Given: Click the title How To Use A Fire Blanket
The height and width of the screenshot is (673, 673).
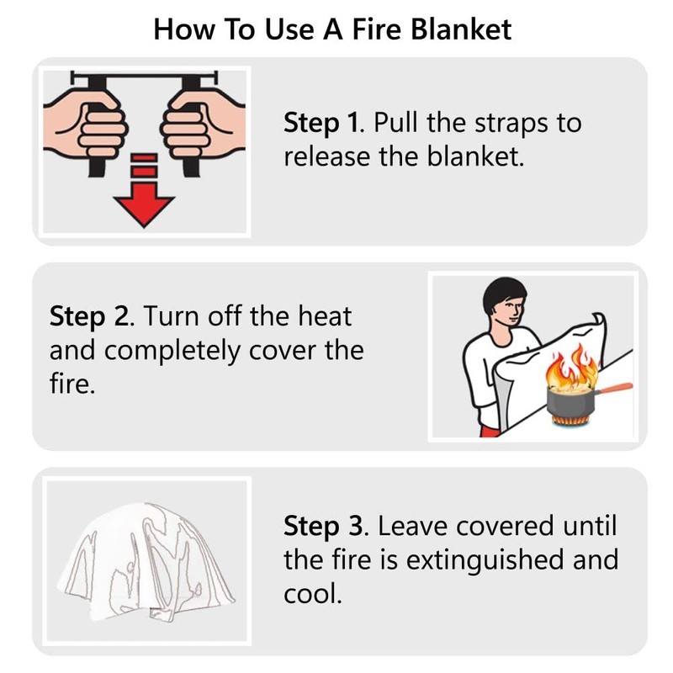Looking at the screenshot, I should (333, 29).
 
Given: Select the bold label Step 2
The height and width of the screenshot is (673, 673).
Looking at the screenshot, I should (91, 317).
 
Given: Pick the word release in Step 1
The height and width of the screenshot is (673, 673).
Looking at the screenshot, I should (326, 156).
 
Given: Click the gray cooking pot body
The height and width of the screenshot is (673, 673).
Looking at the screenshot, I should (564, 400).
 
